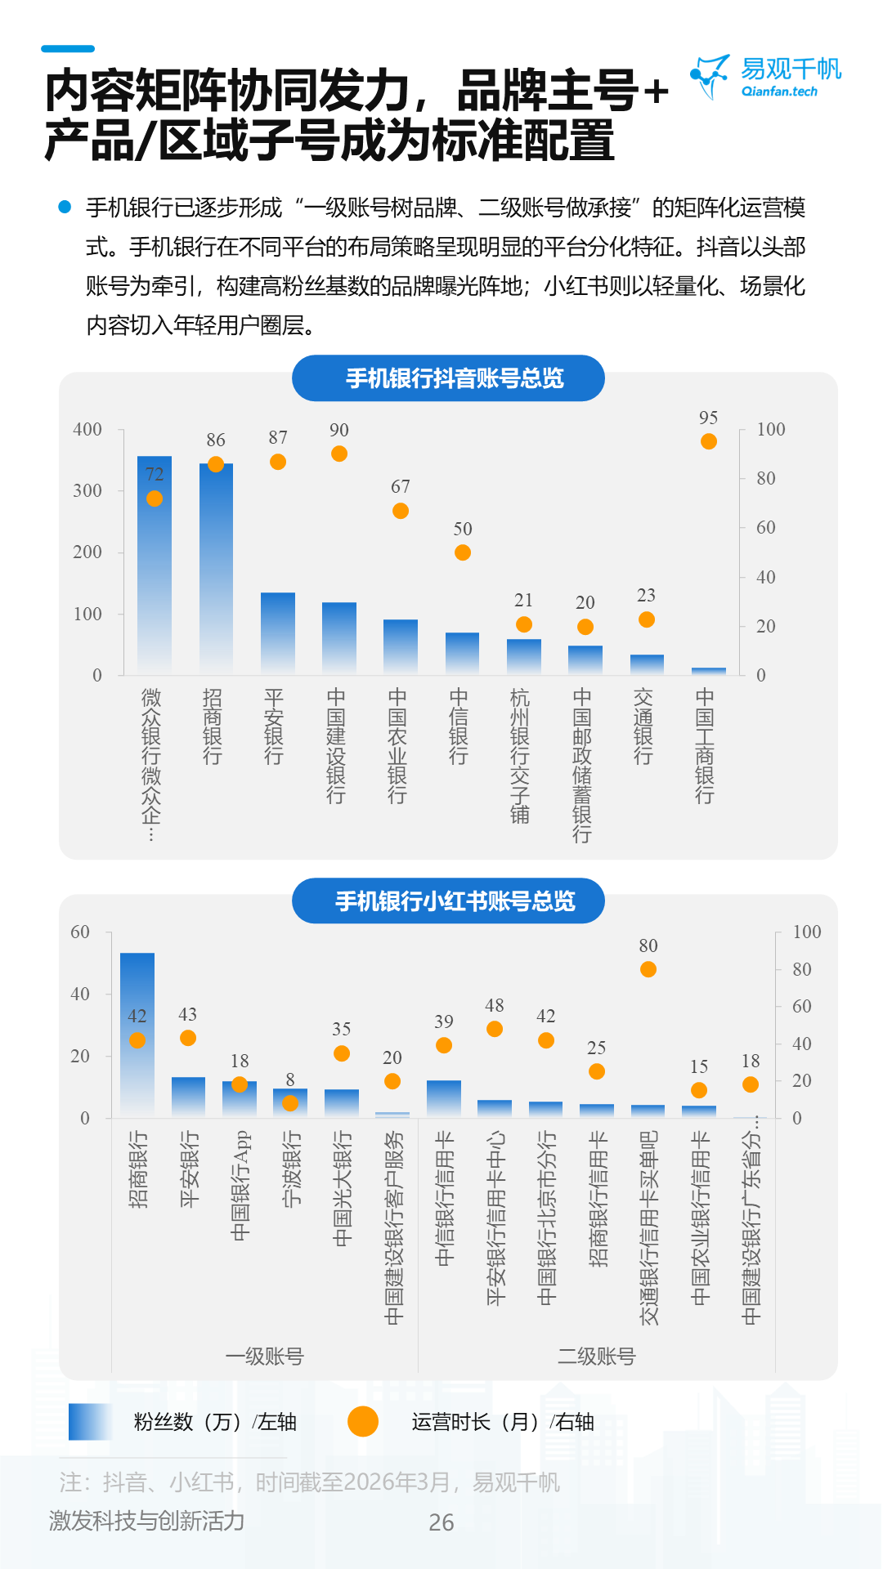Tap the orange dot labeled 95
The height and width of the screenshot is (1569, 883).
pyautogui.click(x=709, y=441)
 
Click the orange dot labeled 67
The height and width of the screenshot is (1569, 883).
pyautogui.click(x=401, y=511)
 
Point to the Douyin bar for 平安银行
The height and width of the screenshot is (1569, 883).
pyautogui.click(x=278, y=633)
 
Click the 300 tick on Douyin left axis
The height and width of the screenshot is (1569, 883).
pyautogui.click(x=87, y=490)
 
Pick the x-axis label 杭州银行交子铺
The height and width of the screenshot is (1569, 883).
pyautogui.click(x=520, y=755)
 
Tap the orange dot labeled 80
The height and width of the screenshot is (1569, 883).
pyautogui.click(x=648, y=969)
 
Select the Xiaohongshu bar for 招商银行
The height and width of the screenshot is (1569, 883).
pyautogui.click(x=137, y=1035)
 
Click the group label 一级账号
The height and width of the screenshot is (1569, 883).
pyautogui.click(x=264, y=1357)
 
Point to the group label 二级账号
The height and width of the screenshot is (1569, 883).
pyautogui.click(x=596, y=1357)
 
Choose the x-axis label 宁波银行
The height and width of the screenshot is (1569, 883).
pyautogui.click(x=291, y=1169)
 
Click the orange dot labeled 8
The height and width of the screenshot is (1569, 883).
pyautogui.click(x=290, y=1103)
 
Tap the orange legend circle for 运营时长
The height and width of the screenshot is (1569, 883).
pyautogui.click(x=363, y=1421)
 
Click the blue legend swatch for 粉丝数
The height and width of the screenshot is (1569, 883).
pyautogui.click(x=90, y=1421)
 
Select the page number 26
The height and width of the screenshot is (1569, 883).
pyautogui.click(x=441, y=1522)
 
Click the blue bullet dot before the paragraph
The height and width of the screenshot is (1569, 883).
pyautogui.click(x=65, y=207)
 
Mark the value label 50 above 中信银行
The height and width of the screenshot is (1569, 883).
pyautogui.click(x=463, y=529)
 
